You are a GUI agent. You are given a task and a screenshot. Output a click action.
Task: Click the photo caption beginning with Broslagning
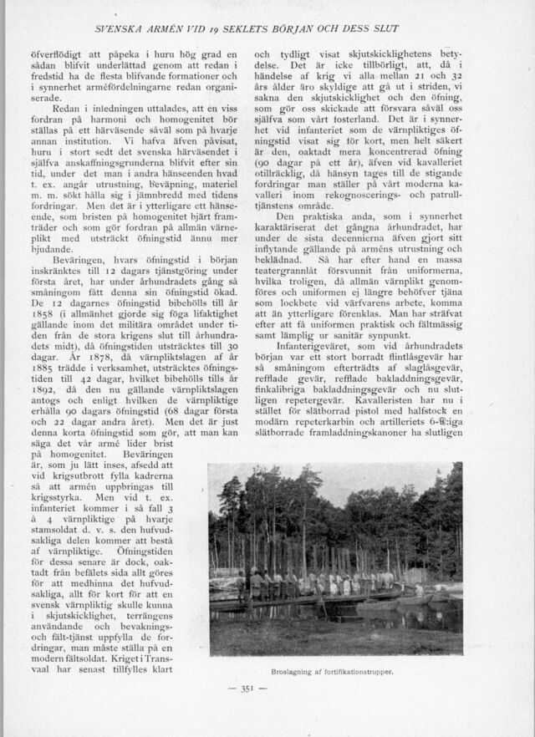pos(333,670)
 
